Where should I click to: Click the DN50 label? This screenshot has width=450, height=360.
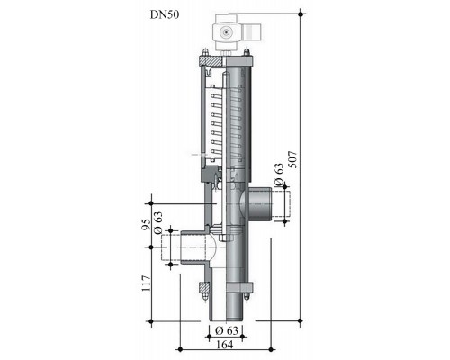coord(165,14)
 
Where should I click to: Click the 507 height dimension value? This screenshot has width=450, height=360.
coord(292,159)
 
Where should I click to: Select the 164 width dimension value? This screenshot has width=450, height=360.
coord(225,345)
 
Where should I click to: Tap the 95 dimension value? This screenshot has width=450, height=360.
coord(146,224)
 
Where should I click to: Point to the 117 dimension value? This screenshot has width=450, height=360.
coord(146,283)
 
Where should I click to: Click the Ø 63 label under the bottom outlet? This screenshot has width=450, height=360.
coord(227,330)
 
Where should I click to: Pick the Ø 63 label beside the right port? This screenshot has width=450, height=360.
coord(279,175)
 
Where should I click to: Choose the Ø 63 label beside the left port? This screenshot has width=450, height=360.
coord(157,223)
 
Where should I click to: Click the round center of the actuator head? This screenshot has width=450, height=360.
coord(225,31)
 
